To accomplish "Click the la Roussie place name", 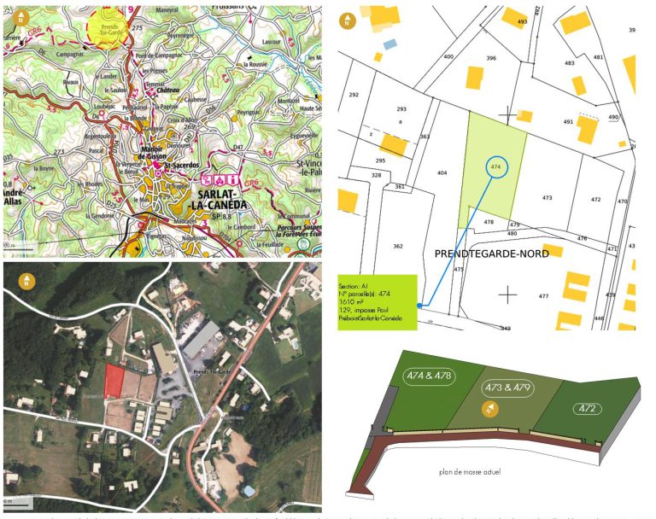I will pyautogui.click(x=257, y=63).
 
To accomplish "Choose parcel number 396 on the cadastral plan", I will pyautogui.click(x=491, y=58).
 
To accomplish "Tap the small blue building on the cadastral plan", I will pyautogui.click(x=390, y=43).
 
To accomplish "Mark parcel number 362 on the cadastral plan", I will pyautogui.click(x=398, y=246).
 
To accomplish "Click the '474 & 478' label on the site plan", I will pyautogui.click(x=430, y=376).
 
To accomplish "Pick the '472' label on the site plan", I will pyautogui.click(x=587, y=408).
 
